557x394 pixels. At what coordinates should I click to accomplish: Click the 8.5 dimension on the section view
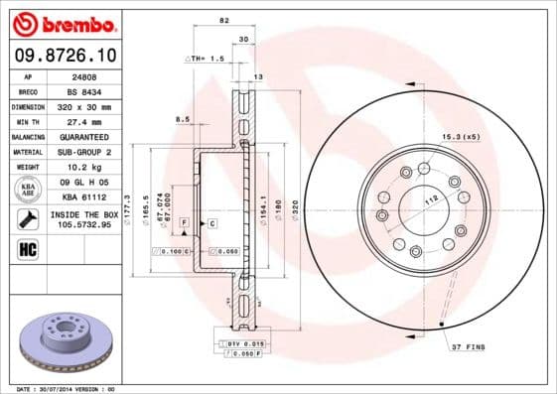click(x=182, y=119)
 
